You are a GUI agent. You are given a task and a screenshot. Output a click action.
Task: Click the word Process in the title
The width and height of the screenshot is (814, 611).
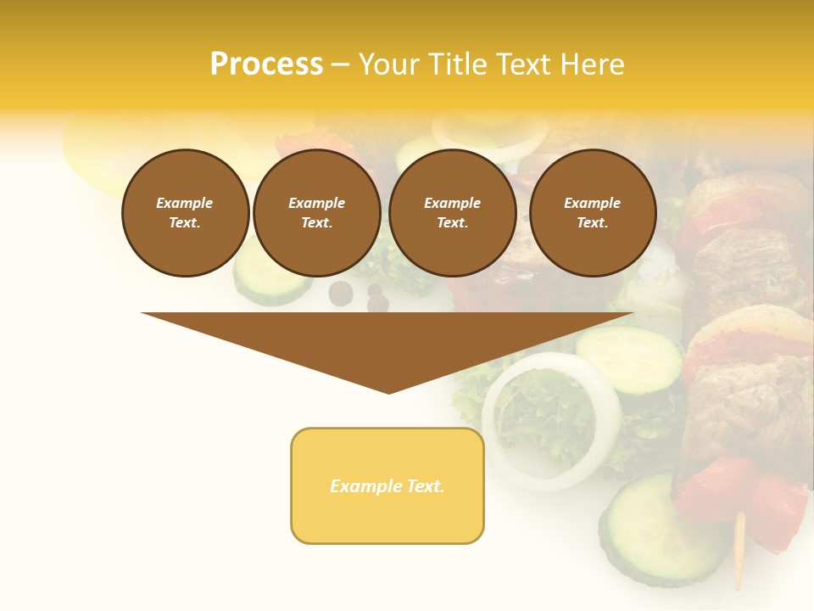266,64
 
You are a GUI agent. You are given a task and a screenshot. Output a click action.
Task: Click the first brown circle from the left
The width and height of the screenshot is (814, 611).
185,213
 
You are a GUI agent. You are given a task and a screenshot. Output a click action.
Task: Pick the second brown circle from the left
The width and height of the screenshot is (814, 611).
316,213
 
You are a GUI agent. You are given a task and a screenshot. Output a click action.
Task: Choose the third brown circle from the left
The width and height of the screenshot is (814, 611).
452,213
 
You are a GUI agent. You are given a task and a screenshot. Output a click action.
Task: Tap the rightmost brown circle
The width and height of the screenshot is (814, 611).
592,213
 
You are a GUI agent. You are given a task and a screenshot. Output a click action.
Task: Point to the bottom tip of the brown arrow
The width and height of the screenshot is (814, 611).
388,392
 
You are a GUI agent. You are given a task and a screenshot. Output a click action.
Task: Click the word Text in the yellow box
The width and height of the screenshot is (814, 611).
422,486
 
